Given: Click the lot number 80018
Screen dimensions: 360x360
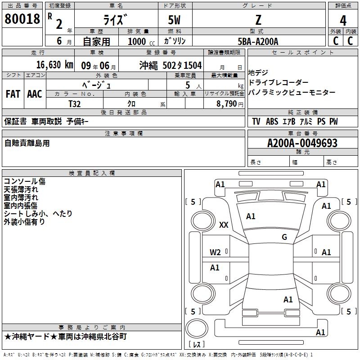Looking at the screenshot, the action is pyautogui.click(x=22, y=19).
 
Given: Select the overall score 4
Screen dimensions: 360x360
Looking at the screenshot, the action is pyautogui.click(x=343, y=20).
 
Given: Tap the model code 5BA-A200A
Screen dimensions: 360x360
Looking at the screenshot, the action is pyautogui.click(x=258, y=41).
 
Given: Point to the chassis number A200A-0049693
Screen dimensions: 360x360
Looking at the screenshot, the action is pyautogui.click(x=302, y=144).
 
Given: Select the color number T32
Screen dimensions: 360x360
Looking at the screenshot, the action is pyautogui.click(x=75, y=103).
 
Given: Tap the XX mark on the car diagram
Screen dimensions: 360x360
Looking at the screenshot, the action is pyautogui.click(x=224, y=225).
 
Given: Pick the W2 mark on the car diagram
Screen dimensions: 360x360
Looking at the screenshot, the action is pyautogui.click(x=216, y=252).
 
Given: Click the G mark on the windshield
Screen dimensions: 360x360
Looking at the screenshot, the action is pyautogui.click(x=284, y=237).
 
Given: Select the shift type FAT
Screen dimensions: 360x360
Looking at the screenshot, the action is pyautogui.click(x=13, y=94).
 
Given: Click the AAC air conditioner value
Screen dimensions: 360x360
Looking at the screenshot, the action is pyautogui.click(x=35, y=94).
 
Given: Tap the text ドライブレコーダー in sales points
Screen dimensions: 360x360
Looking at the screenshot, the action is pyautogui.click(x=279, y=82).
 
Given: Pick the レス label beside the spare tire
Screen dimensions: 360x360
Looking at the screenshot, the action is pyautogui.click(x=197, y=345).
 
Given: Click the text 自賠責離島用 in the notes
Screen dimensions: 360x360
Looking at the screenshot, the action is pyautogui.click(x=27, y=144).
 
